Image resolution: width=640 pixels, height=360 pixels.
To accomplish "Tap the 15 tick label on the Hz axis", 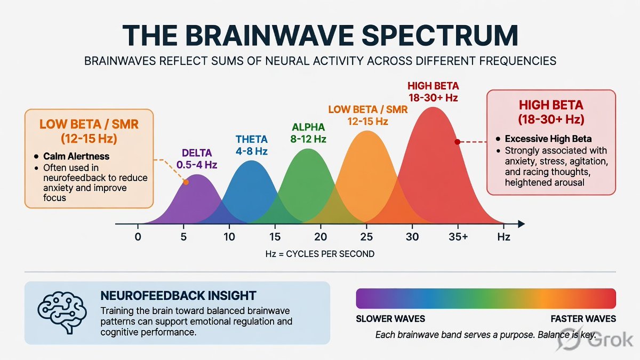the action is coord(275,237).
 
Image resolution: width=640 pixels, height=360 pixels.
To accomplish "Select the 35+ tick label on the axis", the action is coord(458,237).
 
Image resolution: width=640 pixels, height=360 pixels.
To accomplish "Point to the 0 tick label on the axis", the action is coord(138,237).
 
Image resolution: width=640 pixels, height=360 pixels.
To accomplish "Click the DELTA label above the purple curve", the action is coord(197,153).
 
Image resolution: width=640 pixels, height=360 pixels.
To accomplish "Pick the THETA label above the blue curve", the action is coord(252,139).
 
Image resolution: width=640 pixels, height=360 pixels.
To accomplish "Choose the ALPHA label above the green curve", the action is coord(308,127).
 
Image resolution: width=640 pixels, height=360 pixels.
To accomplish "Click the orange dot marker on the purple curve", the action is coord(186,182).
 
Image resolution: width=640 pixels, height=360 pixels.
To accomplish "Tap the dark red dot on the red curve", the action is coord(458,142).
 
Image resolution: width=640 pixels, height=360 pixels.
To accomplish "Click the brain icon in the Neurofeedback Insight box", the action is coord(62,313).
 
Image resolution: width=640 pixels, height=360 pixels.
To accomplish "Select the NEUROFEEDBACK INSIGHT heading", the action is coord(178,295).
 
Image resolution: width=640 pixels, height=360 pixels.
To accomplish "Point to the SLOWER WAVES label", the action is coord(390,319).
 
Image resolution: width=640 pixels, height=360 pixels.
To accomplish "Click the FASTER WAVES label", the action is coord(583,319).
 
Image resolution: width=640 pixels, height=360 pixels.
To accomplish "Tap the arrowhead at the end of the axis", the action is coord(521,224).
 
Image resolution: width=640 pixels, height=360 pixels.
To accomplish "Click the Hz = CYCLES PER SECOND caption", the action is coord(319,254).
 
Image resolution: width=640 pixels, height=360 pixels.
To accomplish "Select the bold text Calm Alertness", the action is coord(76,156).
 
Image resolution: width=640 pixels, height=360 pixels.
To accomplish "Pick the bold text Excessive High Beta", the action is coord(548,139).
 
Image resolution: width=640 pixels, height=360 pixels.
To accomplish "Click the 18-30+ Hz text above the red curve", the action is coord(433,98).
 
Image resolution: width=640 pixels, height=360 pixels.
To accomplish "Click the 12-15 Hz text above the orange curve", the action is coord(367,122).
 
